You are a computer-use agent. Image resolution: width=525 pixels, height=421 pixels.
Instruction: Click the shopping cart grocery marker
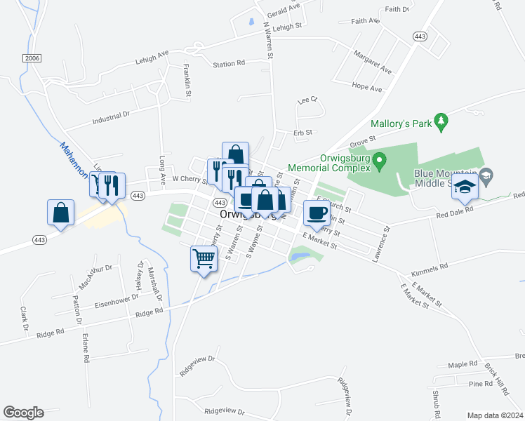pos(204,259)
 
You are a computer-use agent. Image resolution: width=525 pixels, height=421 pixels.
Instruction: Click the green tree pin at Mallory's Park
pos(441,122)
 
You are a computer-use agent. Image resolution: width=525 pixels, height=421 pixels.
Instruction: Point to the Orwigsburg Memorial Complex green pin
pos(380,162)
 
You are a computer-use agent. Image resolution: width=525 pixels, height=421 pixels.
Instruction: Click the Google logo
pos(23,413)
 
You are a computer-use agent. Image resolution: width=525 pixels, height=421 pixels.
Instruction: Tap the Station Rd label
pos(229,64)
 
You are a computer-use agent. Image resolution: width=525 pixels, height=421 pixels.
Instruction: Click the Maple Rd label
pos(463,366)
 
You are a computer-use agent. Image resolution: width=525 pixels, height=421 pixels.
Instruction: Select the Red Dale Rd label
pos(455,210)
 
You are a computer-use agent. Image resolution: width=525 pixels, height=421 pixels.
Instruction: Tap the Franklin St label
pos(187,76)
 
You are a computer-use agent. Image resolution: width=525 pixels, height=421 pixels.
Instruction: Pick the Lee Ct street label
pos(307,100)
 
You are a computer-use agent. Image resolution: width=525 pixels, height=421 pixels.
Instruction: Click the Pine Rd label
pos(481,384)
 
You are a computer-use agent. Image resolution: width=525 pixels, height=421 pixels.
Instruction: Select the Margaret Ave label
pos(372,62)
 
